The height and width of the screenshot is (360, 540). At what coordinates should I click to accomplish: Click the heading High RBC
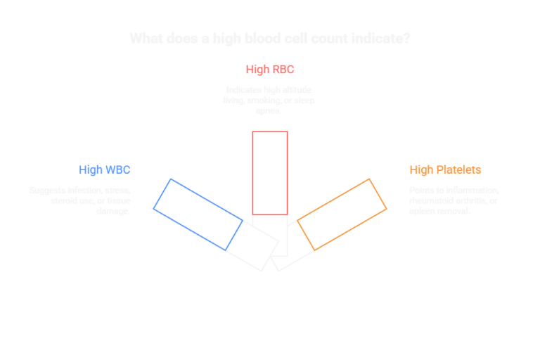tap(269, 70)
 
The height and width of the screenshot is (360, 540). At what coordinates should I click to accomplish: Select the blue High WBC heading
tap(104, 169)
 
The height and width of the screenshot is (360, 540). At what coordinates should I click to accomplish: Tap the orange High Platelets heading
tap(445, 169)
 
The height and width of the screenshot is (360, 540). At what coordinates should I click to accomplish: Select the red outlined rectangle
tap(270, 172)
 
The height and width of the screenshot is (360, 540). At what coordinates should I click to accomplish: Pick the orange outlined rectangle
tap(342, 214)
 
